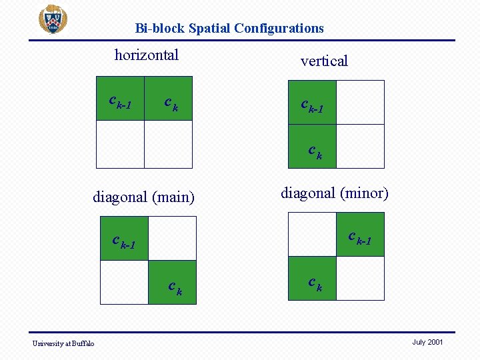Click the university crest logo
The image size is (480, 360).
[x=53, y=19]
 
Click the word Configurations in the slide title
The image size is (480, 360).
[x=279, y=28]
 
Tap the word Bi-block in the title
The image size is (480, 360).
[x=160, y=28]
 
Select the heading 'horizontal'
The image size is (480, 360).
[x=147, y=55]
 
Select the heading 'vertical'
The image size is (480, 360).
[x=324, y=61]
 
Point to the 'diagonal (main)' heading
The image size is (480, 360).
[x=143, y=197]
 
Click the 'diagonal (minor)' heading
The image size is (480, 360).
[x=334, y=193]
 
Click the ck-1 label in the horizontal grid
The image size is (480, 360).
[x=120, y=102]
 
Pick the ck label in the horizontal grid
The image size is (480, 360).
[x=171, y=103]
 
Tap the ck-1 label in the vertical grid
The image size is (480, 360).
[x=312, y=105]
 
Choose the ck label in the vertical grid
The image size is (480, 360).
[x=315, y=152]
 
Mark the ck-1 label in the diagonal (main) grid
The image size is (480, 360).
[x=124, y=242]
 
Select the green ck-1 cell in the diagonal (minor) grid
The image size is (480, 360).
[x=361, y=235]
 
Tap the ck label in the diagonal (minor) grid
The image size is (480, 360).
[x=315, y=283]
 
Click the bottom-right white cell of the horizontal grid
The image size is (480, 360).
[x=168, y=144]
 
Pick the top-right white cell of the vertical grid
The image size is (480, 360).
[x=360, y=102]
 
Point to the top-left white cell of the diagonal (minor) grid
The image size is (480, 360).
[x=312, y=234]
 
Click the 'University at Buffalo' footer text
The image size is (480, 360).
[x=64, y=343]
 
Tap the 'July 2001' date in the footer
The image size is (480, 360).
[x=427, y=342]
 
